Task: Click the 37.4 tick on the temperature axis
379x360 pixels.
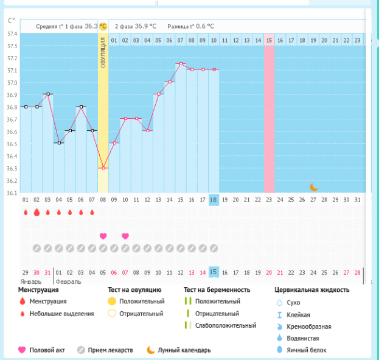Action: pyautogui.click(x=12, y=34)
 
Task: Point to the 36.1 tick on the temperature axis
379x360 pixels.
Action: pyautogui.click(x=12, y=193)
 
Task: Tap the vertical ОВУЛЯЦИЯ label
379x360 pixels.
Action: pyautogui.click(x=103, y=52)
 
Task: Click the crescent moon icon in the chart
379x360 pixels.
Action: pyautogui.click(x=314, y=187)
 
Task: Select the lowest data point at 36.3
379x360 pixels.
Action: pyautogui.click(x=103, y=168)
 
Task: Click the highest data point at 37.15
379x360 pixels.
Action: pyautogui.click(x=181, y=64)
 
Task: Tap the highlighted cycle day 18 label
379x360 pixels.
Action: pyautogui.click(x=214, y=200)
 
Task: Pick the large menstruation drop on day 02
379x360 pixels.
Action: pyautogui.click(x=37, y=213)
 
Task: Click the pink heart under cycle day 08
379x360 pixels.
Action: pyautogui.click(x=103, y=236)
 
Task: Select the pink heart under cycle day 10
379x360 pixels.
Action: pyautogui.click(x=125, y=236)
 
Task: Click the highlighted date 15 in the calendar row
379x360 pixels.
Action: pyautogui.click(x=214, y=272)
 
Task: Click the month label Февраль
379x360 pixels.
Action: pyautogui.click(x=69, y=282)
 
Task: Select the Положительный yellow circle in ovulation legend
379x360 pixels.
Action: pyautogui.click(x=111, y=302)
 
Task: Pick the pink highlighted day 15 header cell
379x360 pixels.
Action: pyautogui.click(x=269, y=40)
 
